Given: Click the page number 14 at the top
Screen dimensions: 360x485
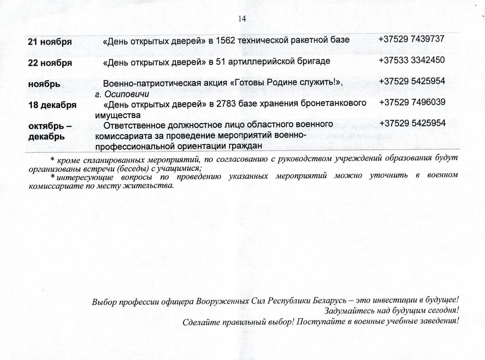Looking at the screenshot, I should pos(242,19).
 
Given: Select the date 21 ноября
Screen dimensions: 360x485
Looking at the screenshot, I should pos(50,42).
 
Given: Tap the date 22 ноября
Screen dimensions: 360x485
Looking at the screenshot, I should pos(50,63).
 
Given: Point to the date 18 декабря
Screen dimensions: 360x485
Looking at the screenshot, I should pos(52,105).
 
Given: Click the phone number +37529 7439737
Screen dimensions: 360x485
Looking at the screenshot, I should pos(412,39).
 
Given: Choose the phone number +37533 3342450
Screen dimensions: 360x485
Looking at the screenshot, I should pos(412,60).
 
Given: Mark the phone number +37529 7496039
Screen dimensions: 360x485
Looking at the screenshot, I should pos(412,102).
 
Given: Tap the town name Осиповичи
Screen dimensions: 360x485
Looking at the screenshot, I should pos(127,94).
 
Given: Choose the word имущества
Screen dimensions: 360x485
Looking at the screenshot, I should pos(118,115).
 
